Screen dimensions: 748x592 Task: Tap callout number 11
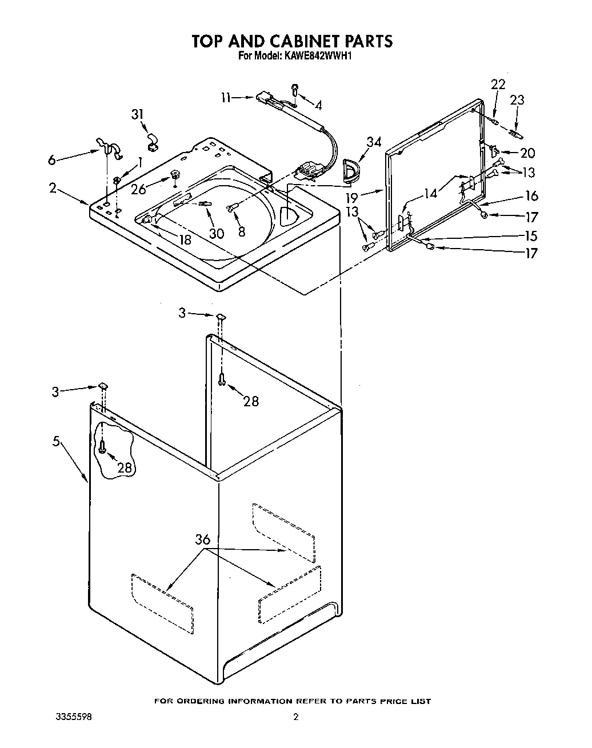click(226, 98)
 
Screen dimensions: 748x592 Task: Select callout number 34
click(374, 142)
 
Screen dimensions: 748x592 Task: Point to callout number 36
click(202, 539)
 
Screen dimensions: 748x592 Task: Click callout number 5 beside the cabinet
click(56, 442)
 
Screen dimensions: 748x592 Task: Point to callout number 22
click(498, 84)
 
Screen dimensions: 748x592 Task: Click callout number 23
click(517, 100)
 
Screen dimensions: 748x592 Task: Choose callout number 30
click(217, 233)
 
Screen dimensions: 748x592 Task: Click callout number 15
click(531, 235)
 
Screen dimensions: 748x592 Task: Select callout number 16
click(531, 196)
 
